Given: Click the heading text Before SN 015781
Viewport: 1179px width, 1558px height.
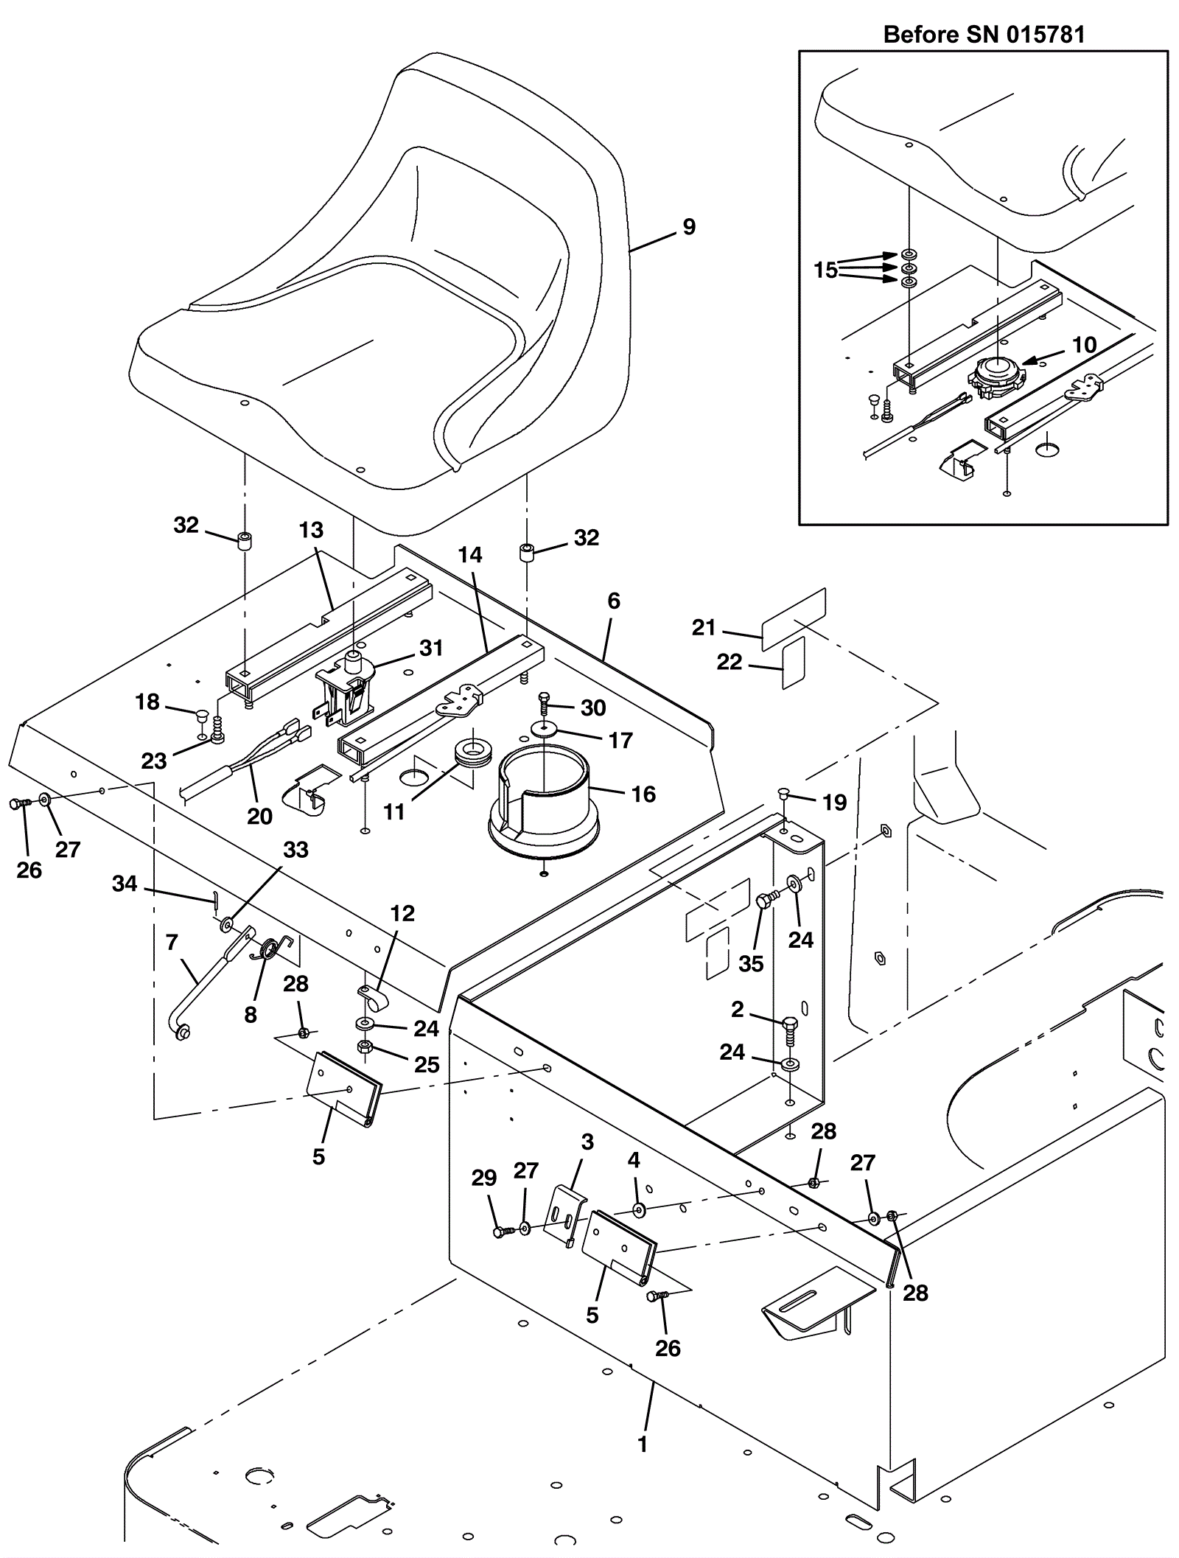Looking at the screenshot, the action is pos(984,35).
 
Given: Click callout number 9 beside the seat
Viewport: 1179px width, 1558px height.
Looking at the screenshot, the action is pos(689,227).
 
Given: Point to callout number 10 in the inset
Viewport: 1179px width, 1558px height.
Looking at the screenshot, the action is pos(1084,345).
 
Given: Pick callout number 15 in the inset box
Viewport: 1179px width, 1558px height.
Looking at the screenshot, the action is pos(825,270).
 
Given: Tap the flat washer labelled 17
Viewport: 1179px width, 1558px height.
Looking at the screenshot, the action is pos(543,728).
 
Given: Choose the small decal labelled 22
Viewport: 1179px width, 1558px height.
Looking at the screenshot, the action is pos(794,663).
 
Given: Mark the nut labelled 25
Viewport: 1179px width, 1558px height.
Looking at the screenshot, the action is pos(364,1047).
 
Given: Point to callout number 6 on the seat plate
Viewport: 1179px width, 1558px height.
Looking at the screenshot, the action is pos(614,601).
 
